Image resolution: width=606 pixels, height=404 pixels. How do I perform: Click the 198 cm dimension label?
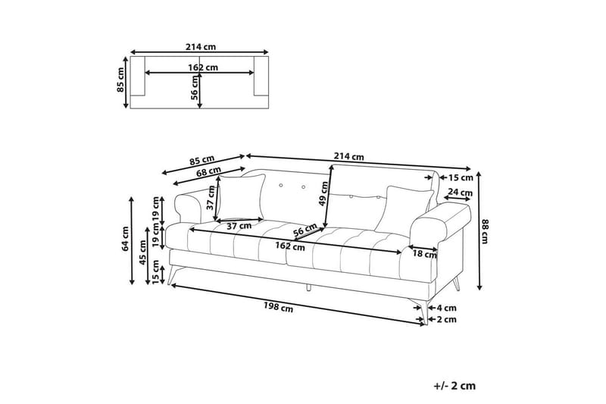click(278, 307)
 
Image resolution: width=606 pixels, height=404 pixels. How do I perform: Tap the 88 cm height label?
click(485, 231)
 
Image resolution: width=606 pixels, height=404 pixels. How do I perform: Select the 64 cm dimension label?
click(125, 239)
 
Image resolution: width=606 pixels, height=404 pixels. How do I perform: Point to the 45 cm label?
click(142, 252)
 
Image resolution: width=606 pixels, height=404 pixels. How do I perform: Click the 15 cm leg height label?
click(155, 272)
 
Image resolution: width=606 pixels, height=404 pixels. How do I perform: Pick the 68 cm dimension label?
click(209, 171)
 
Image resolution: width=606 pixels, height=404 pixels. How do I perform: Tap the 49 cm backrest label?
click(323, 194)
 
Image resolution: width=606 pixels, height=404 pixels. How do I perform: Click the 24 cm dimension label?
click(461, 192)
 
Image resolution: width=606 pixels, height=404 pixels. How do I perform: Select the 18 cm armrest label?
click(425, 254)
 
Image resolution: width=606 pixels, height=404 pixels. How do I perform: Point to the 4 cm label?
click(446, 308)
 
